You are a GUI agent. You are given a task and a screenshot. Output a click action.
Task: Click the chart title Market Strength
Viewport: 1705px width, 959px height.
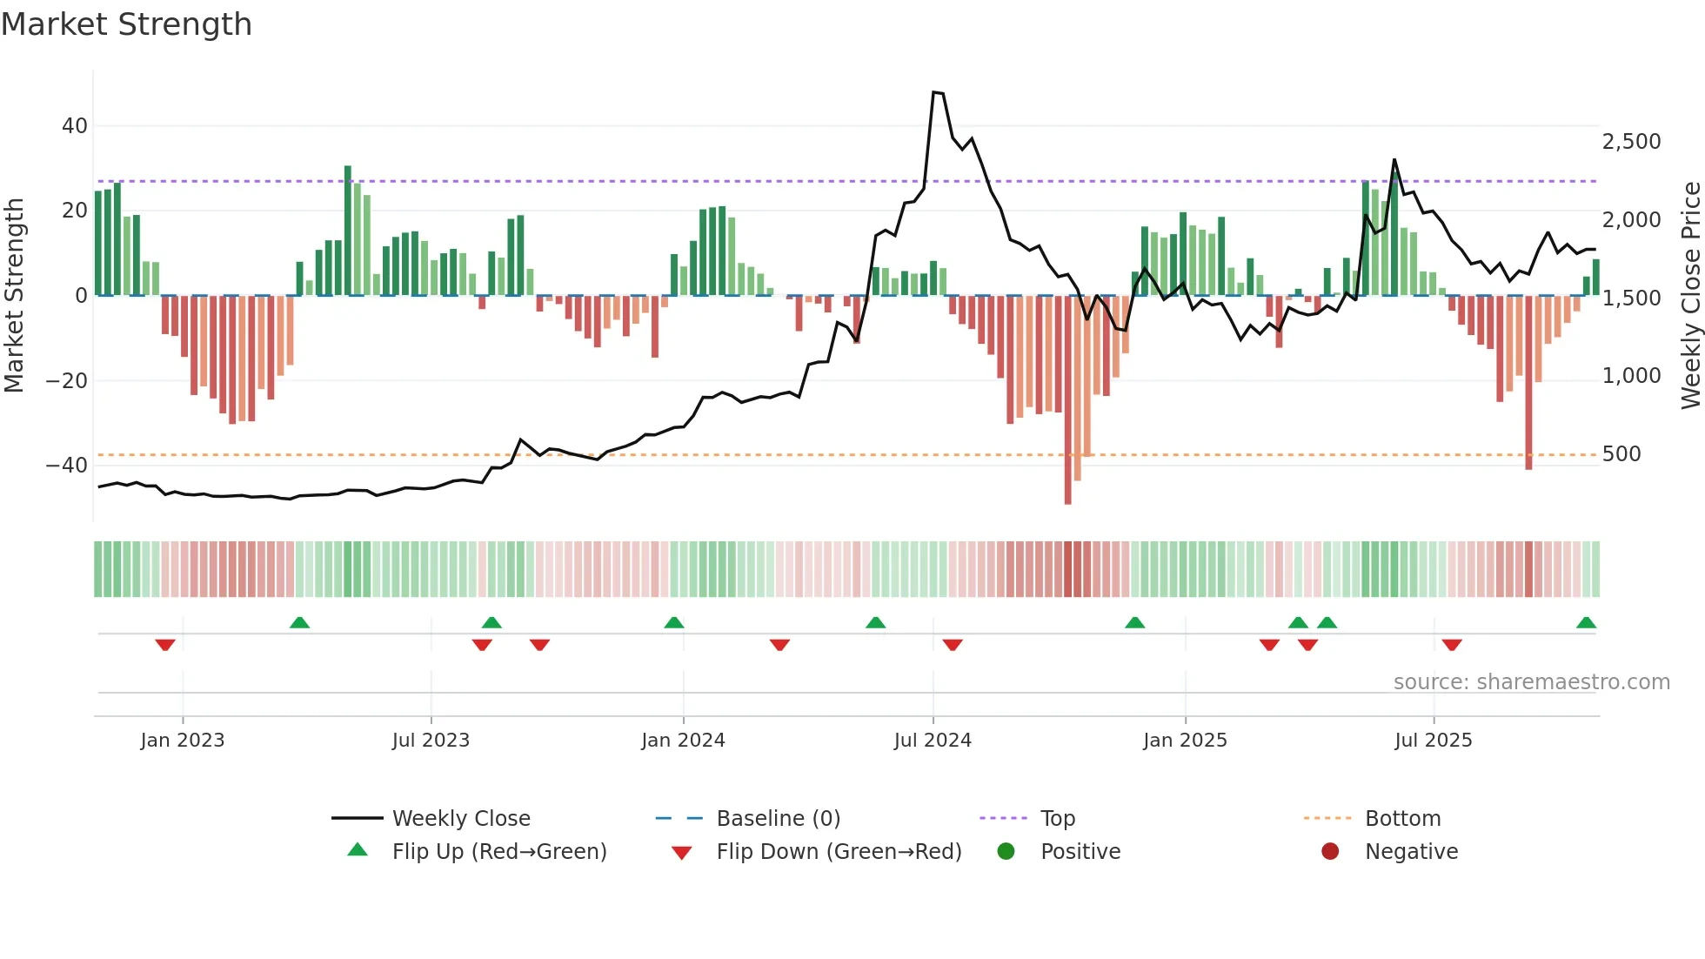126,24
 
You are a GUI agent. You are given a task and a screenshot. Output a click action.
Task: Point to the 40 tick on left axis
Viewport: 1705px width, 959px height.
75,126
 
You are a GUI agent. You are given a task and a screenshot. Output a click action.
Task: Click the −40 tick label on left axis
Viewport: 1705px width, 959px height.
67,466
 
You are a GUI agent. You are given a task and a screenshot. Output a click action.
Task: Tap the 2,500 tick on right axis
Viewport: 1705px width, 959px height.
1631,142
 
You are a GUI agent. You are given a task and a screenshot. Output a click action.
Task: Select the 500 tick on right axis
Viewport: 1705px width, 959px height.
1621,454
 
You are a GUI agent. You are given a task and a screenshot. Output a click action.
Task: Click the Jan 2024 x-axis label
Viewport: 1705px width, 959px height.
683,741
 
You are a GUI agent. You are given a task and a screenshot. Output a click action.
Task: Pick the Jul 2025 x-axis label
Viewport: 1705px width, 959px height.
1433,741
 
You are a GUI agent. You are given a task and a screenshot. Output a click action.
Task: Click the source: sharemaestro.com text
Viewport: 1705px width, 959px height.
1531,682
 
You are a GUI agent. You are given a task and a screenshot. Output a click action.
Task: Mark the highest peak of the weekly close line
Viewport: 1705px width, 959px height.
935,92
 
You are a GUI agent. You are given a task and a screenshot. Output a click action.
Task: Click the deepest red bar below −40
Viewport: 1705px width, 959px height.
1067,400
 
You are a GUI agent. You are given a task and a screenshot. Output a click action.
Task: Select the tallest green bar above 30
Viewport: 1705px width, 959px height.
348,231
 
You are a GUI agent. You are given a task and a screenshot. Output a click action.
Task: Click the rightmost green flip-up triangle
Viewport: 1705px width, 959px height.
1586,623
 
